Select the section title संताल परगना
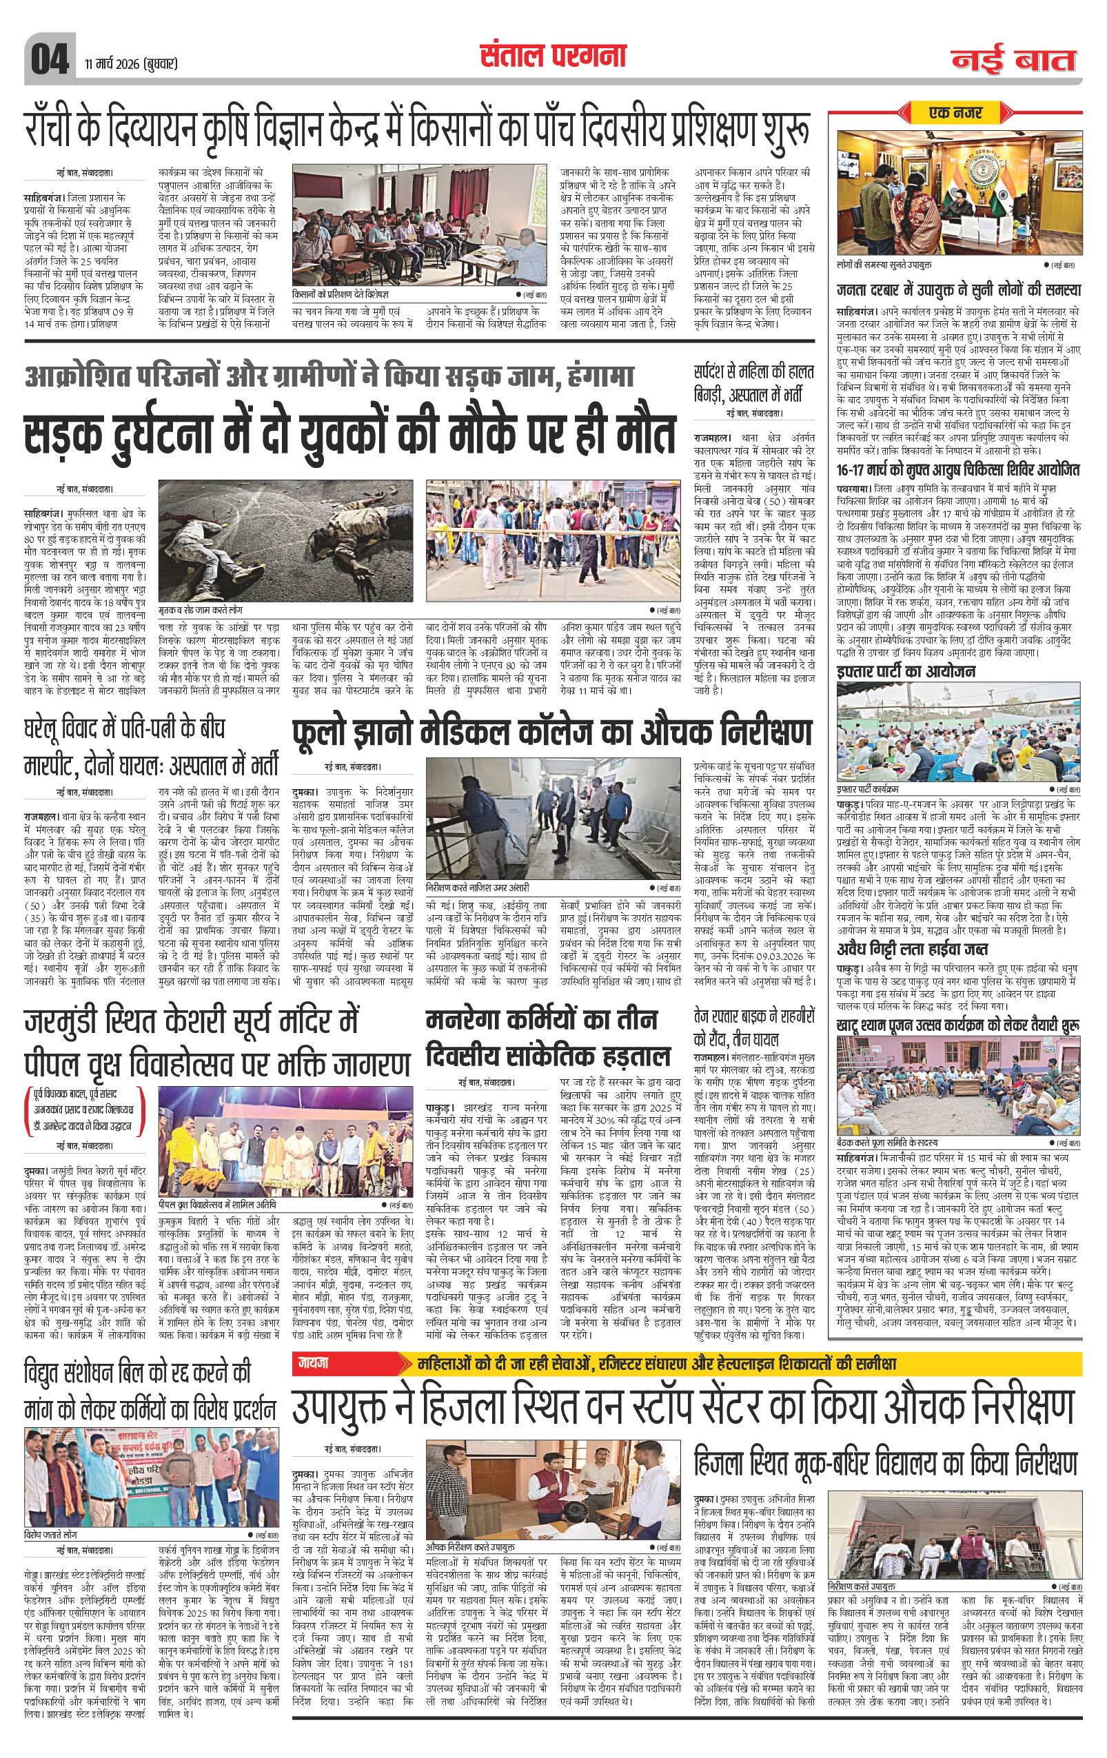[553, 56]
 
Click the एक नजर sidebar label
[957, 114]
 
